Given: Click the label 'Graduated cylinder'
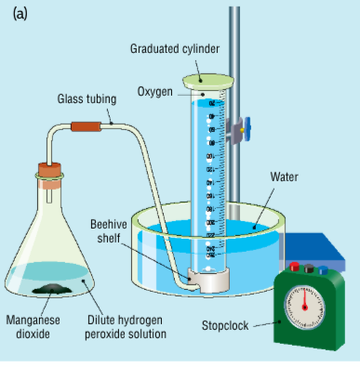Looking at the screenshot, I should pyautogui.click(x=176, y=48).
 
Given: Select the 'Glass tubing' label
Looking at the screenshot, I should pyautogui.click(x=86, y=98).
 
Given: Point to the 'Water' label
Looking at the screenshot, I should pyautogui.click(x=284, y=177).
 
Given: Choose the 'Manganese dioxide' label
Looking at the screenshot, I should pyautogui.click(x=33, y=326).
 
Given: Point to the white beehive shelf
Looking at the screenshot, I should pyautogui.click(x=207, y=277).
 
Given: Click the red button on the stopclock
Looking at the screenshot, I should pyautogui.click(x=295, y=269).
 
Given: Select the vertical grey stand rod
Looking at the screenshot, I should pyautogui.click(x=235, y=56).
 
